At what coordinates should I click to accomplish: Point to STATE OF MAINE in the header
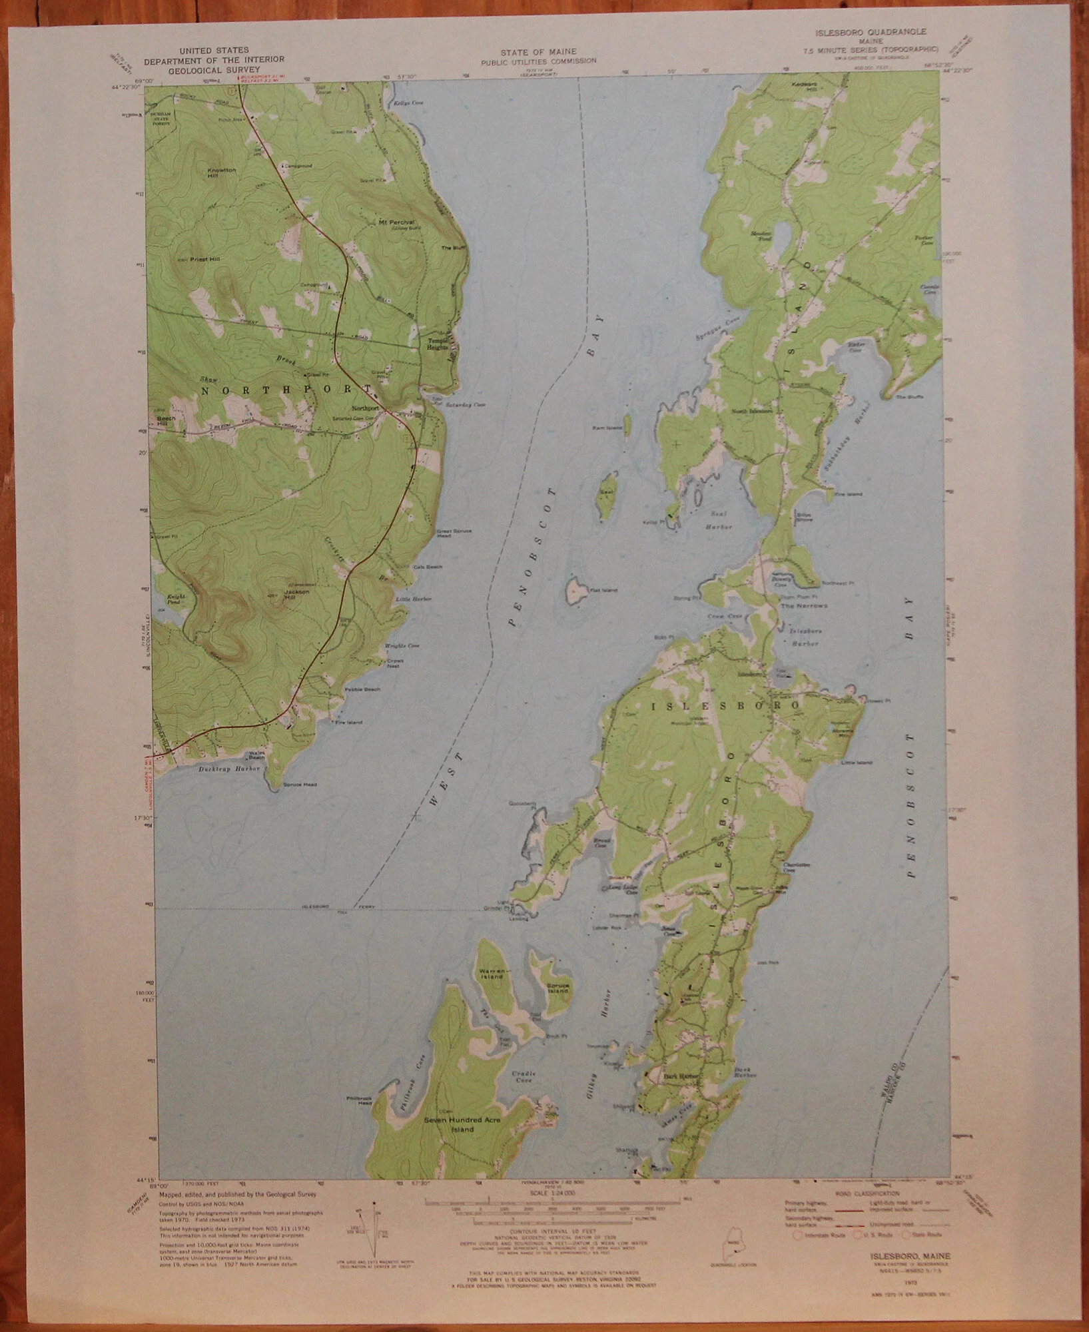(x=539, y=51)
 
